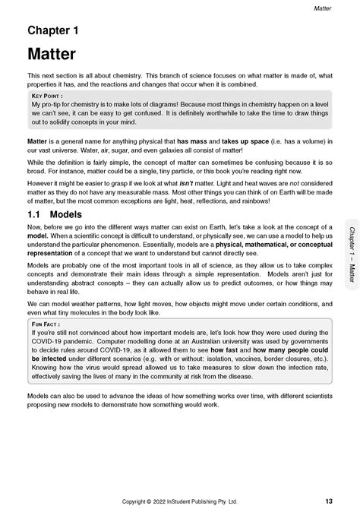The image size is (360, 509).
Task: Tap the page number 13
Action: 327,500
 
